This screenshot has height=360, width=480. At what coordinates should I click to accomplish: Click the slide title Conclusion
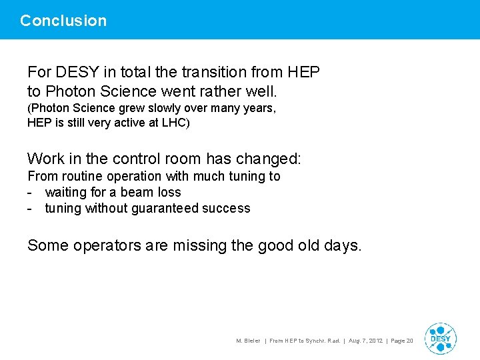pyautogui.click(x=63, y=21)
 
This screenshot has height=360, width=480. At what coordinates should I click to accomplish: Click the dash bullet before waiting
pyautogui.click(x=31, y=193)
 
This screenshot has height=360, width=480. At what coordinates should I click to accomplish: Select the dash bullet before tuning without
pyautogui.click(x=31, y=209)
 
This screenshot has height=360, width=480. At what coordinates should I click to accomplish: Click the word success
pyautogui.click(x=227, y=209)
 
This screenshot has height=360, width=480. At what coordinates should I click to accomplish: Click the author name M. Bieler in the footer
pyautogui.click(x=248, y=341)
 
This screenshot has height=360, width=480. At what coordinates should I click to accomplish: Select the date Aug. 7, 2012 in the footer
pyautogui.click(x=365, y=341)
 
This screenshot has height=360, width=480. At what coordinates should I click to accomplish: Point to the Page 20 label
pyautogui.click(x=402, y=341)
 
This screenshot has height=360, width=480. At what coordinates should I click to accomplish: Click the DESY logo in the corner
pyautogui.click(x=440, y=338)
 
